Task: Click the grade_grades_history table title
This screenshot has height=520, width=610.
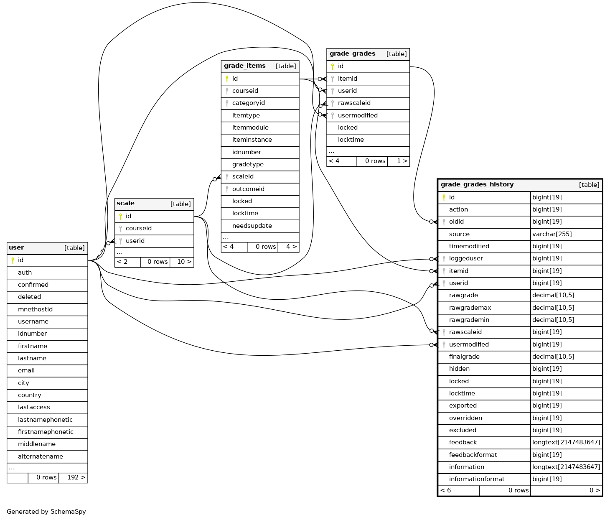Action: pos(477,185)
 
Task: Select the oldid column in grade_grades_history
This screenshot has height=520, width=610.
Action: pos(456,222)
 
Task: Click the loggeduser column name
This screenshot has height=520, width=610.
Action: pos(466,259)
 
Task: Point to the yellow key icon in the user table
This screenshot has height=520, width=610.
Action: pos(13,260)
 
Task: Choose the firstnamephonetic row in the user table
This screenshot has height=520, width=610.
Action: pos(47,432)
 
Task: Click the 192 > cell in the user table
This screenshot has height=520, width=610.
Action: pos(73,477)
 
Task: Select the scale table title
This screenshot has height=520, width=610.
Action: pos(125,203)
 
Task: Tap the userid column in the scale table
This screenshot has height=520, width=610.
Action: pos(135,241)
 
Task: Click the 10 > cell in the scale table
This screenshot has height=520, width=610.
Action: pos(182,262)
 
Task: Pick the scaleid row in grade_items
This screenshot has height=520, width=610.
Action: pos(260,176)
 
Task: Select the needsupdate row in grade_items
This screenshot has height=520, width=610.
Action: pos(260,226)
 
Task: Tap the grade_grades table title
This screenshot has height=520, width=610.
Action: pos(352,54)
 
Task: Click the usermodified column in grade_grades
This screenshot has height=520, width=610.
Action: pos(358,115)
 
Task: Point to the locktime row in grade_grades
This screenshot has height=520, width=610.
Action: pos(368,140)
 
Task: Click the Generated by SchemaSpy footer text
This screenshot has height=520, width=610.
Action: pos(46,512)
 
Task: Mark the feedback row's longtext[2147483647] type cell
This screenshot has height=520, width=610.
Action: pos(566,442)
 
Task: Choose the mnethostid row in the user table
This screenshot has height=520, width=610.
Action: pos(47,309)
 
